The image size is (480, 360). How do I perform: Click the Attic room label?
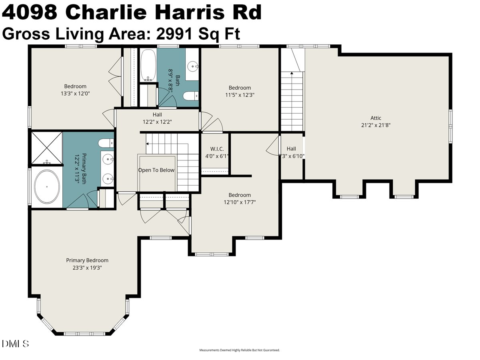376,118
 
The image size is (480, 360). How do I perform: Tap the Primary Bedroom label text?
87,260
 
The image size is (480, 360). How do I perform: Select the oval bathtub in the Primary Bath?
47,187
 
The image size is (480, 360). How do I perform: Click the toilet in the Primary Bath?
106,143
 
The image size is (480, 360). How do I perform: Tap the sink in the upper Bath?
193,65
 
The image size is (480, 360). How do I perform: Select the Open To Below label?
156,170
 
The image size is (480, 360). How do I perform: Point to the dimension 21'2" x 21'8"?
376,125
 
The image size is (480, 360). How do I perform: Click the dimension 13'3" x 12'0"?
75,93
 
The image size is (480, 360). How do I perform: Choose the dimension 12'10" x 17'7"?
240,202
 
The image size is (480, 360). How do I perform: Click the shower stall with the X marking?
47,148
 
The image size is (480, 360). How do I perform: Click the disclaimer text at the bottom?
239,350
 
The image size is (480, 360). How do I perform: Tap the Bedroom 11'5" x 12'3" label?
240,92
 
